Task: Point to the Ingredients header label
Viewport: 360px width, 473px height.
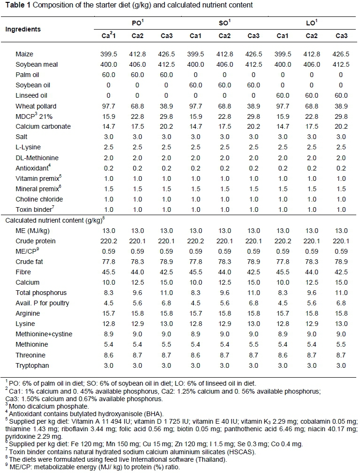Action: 23,29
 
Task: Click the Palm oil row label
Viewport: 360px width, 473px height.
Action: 27,74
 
